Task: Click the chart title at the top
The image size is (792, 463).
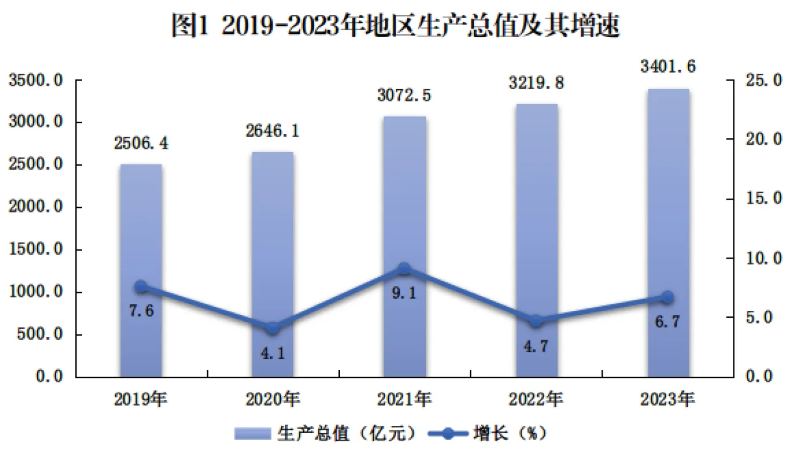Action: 396,26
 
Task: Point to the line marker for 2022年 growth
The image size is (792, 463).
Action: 536,321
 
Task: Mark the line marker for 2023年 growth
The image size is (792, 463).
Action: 668,297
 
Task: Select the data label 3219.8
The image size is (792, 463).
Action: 537,83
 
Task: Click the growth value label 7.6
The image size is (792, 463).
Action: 141,311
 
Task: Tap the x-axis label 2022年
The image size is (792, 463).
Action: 536,399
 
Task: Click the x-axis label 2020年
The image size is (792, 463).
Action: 273,399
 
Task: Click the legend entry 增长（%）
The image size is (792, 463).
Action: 486,433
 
